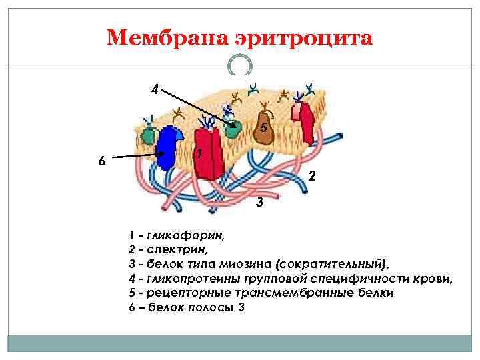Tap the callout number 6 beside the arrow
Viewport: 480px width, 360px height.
click(101, 161)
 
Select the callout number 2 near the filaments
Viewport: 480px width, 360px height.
click(311, 177)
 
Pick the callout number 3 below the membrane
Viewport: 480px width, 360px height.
click(259, 202)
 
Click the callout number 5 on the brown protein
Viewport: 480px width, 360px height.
click(264, 127)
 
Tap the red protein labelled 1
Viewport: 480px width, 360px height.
click(207, 155)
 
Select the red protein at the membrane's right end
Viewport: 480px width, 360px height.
click(306, 119)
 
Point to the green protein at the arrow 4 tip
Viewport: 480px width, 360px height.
click(232, 129)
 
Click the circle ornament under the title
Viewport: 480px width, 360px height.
click(239, 65)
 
